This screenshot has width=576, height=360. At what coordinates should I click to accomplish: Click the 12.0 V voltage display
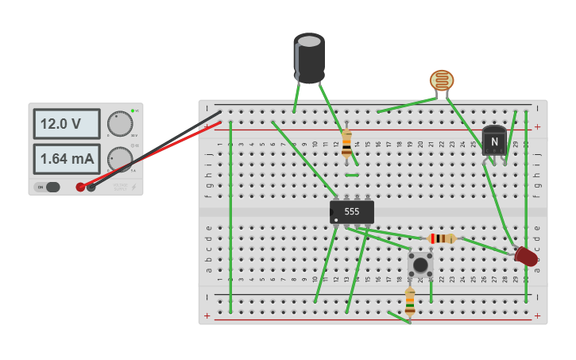(x=66, y=124)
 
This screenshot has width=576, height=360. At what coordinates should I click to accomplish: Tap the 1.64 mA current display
(x=66, y=158)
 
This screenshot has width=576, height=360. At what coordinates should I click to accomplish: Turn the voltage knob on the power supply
(x=120, y=123)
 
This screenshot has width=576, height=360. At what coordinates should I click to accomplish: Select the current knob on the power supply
(x=120, y=159)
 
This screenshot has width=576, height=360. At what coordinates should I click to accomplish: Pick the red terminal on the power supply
(x=80, y=187)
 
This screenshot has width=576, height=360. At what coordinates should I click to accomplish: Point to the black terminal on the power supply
(x=91, y=187)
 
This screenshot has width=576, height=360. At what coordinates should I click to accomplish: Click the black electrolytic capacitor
(x=309, y=57)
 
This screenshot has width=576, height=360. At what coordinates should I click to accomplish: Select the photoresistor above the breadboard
(x=442, y=80)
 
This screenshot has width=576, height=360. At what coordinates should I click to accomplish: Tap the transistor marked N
(x=494, y=141)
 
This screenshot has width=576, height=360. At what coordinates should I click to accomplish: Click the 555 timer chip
(x=352, y=211)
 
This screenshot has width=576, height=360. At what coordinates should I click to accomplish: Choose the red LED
(x=526, y=256)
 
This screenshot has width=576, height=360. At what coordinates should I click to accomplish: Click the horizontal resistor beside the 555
(x=441, y=238)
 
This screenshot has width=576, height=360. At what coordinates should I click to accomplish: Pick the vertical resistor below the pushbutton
(x=410, y=302)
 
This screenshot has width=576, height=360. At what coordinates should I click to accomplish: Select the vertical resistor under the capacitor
(x=346, y=143)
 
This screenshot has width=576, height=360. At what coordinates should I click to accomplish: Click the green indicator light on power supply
(x=135, y=110)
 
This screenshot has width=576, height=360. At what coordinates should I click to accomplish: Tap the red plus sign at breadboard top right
(x=537, y=126)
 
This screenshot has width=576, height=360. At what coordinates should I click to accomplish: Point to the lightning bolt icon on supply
(x=133, y=188)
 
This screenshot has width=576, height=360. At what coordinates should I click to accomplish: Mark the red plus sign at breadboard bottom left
(x=207, y=315)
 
